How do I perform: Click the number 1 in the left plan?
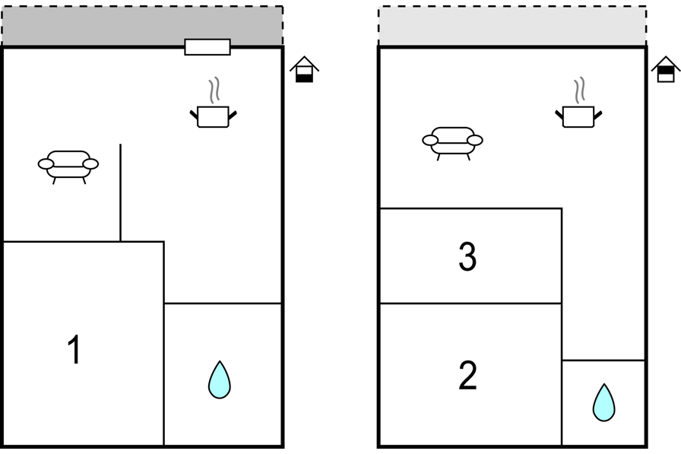point(74,349)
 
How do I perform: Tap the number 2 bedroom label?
point(467,376)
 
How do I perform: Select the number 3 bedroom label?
point(467,256)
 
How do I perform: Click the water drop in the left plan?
point(220,379)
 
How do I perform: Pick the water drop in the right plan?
point(603,402)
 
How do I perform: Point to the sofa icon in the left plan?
point(68,167)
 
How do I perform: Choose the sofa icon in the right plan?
point(452,144)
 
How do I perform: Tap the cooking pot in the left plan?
point(214,116)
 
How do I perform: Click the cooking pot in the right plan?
point(578,116)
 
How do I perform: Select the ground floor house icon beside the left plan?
point(305,69)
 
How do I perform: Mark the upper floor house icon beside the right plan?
point(666,69)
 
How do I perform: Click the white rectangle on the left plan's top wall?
point(207,47)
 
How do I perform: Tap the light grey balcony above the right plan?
point(512,25)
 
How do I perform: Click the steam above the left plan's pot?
point(214,90)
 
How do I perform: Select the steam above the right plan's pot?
point(579,90)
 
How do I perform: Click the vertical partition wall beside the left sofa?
point(120,192)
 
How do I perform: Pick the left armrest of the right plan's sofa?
point(430,141)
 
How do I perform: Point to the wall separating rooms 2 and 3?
point(470,303)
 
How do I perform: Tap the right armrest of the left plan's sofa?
point(90,164)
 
